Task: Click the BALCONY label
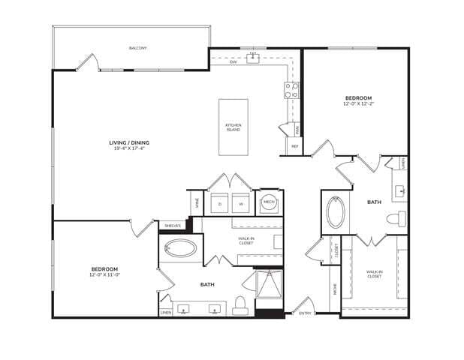pyautogui.click(x=137, y=48)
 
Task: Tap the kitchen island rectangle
pyautogui.click(x=234, y=127)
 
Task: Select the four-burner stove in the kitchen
pyautogui.click(x=291, y=91)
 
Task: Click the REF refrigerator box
pyautogui.click(x=294, y=146)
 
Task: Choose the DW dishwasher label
pyautogui.click(x=234, y=61)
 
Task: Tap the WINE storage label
pyautogui.click(x=197, y=202)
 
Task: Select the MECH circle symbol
pyautogui.click(x=269, y=202)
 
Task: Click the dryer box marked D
pyautogui.click(x=220, y=203)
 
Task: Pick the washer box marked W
pyautogui.click(x=241, y=203)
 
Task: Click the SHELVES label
pyautogui.click(x=172, y=225)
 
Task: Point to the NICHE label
pyautogui.click(x=334, y=287)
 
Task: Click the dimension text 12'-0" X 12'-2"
pyautogui.click(x=357, y=104)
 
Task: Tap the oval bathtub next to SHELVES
pyautogui.click(x=180, y=249)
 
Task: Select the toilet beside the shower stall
pyautogui.click(x=240, y=304)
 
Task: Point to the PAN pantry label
pyautogui.click(x=297, y=130)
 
